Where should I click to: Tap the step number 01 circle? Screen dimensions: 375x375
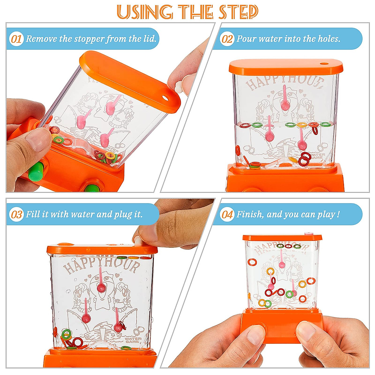(x=16, y=39)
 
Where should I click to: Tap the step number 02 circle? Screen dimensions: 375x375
(x=227, y=39)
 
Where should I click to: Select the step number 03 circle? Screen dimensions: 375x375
(x=16, y=215)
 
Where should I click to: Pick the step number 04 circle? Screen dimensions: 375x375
(x=227, y=215)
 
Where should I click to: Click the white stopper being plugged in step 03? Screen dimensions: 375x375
(x=137, y=241)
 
